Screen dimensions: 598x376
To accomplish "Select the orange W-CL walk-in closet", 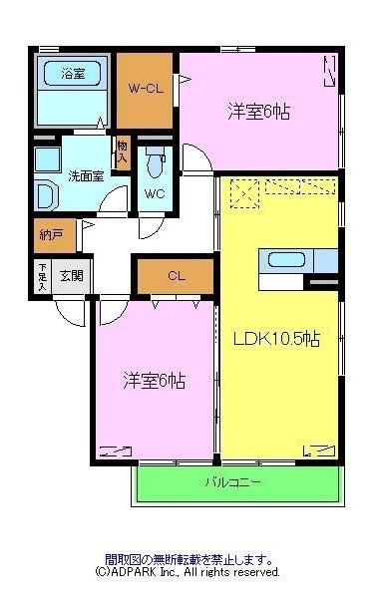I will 146,88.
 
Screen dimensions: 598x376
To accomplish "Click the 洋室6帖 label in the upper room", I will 259,112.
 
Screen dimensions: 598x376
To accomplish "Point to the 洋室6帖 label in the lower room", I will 155,380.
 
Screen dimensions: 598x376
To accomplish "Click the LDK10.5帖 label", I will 276,339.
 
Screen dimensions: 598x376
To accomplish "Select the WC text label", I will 155,192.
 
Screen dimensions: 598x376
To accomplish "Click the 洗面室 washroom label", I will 85,175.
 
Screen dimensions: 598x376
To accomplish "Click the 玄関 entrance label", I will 71,276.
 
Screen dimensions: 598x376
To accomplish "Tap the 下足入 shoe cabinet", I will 42,276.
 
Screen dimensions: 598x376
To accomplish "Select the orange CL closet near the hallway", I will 176,276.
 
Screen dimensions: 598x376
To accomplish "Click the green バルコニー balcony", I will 235,483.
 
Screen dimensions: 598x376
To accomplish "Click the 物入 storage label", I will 123,152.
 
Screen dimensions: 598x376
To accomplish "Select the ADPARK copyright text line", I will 188,573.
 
